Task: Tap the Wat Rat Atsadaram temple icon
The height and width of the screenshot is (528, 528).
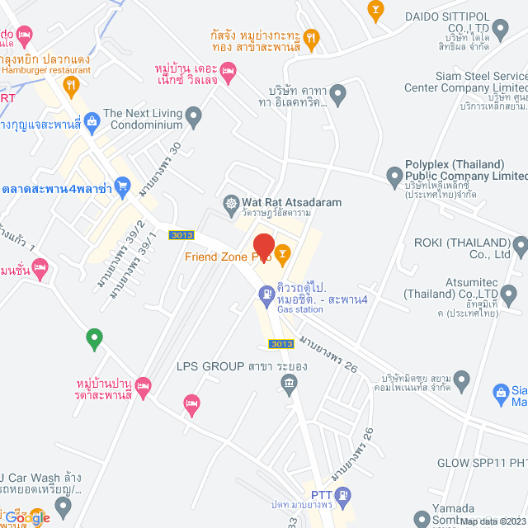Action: pyautogui.click(x=232, y=202)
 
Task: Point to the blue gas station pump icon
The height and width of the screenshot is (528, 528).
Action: pyautogui.click(x=266, y=293)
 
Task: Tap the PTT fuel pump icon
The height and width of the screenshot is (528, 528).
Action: pyautogui.click(x=343, y=495)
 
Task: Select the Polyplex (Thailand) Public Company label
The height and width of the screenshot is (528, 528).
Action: pyautogui.click(x=464, y=170)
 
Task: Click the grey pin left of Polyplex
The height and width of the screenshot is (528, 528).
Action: pyautogui.click(x=394, y=175)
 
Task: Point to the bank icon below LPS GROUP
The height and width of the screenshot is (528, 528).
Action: pyautogui.click(x=289, y=382)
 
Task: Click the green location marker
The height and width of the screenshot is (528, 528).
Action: pyautogui.click(x=94, y=337)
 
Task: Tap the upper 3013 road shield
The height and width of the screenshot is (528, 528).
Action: pyautogui.click(x=181, y=235)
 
